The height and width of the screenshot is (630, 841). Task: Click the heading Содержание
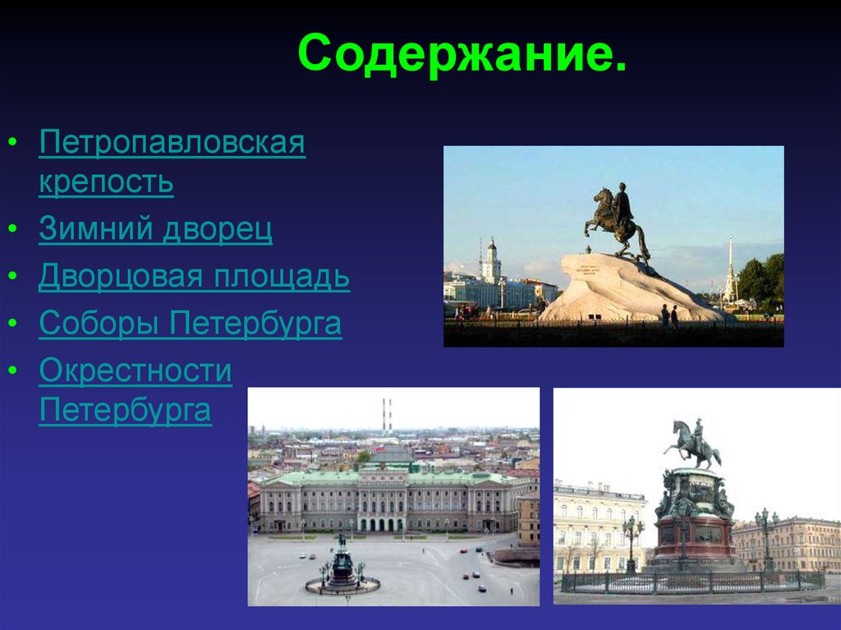[x=462, y=53]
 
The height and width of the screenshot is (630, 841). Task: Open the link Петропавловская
[x=172, y=145]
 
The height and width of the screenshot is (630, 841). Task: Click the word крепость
[x=106, y=182]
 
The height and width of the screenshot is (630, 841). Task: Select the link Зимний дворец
[x=155, y=229]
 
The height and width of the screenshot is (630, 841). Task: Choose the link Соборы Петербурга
[x=190, y=324]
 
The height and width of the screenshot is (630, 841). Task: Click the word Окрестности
[x=136, y=371]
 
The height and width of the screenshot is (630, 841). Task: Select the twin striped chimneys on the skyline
[x=386, y=415]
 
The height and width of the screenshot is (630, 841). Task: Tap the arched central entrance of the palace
[x=381, y=523]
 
